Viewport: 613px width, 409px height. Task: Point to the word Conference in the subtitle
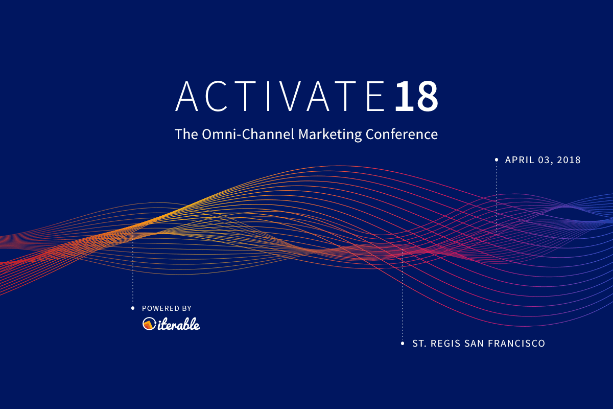402,134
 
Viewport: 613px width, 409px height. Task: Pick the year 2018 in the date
569,160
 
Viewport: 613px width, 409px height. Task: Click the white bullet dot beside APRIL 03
497,160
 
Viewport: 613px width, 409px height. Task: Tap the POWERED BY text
167,308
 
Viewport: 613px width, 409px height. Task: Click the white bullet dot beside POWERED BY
133,308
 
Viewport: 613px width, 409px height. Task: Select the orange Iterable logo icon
149,324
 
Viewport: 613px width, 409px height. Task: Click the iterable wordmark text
178,324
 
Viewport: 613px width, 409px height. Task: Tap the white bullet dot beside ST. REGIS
403,344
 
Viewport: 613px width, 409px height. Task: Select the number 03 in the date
545,160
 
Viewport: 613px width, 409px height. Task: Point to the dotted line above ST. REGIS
403,297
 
